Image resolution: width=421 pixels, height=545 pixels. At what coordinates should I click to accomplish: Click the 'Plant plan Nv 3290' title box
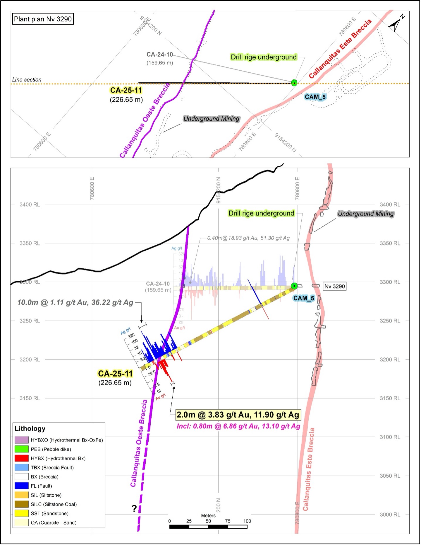[43, 19]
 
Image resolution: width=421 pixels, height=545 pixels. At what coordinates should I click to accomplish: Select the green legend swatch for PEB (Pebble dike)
[21, 449]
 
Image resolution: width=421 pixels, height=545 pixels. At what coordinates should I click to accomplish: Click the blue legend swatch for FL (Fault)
[21, 486]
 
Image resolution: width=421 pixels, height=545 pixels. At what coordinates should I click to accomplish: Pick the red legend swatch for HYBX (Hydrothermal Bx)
[21, 458]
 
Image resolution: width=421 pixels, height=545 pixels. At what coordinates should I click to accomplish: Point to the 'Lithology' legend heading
[30, 429]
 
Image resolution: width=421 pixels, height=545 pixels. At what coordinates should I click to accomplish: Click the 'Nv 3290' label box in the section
[335, 286]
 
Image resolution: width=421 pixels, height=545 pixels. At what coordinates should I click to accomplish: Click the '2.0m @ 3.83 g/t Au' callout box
[238, 415]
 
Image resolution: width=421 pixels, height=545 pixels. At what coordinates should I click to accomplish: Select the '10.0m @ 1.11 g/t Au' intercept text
[75, 302]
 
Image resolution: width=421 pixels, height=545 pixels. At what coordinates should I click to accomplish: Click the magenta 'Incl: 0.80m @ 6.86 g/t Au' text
[238, 426]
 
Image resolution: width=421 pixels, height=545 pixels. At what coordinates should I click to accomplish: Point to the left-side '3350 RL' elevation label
[30, 243]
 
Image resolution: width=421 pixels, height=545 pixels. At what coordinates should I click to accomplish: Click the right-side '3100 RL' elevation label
[390, 437]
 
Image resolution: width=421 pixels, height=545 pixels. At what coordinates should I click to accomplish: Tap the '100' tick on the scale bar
[247, 521]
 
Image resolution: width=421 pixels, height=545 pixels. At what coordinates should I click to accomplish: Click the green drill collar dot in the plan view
[294, 83]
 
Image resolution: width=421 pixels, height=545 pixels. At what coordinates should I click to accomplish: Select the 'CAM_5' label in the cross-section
[304, 298]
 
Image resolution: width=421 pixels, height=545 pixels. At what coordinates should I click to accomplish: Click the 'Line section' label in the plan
[27, 80]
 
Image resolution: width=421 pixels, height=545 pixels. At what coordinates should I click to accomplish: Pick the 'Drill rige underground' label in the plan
[264, 57]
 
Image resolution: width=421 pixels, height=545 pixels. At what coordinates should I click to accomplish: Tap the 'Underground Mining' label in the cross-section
[366, 214]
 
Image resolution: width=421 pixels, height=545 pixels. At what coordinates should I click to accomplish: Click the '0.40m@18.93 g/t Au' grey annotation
[248, 238]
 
